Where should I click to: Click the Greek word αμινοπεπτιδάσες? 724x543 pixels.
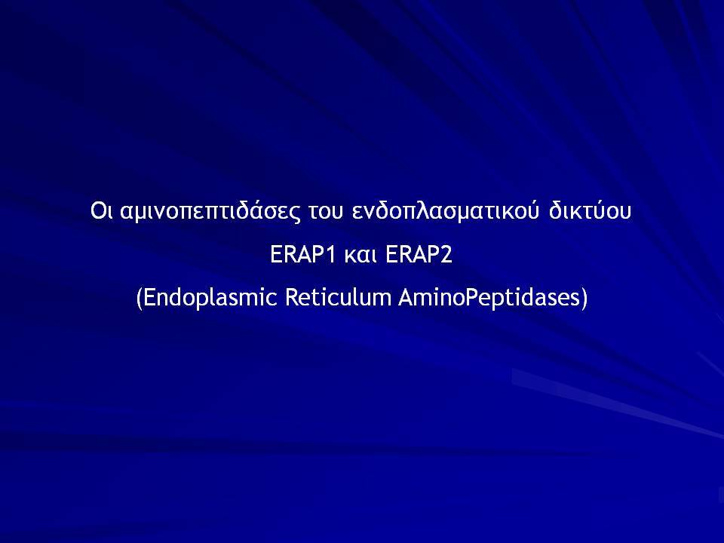pos(210,211)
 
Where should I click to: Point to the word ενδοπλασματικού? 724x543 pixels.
pos(446,211)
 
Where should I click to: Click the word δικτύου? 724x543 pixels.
pos(590,210)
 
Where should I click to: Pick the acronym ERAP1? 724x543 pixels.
pos(302,254)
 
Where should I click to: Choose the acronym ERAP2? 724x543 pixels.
pos(419,254)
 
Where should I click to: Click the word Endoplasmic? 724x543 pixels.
pos(210,298)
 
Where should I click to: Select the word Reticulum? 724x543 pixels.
pos(339,297)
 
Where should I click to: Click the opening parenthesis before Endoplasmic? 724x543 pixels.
pos(139,299)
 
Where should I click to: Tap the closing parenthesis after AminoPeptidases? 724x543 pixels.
pos(584,299)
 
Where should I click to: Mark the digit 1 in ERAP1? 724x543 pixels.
pos(330,254)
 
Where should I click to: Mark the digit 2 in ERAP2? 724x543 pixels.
pos(446,254)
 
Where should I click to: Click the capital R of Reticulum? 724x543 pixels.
pos(292,298)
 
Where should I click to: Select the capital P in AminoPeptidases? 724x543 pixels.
pos(471,298)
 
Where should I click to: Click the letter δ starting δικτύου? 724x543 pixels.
pos(555,210)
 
